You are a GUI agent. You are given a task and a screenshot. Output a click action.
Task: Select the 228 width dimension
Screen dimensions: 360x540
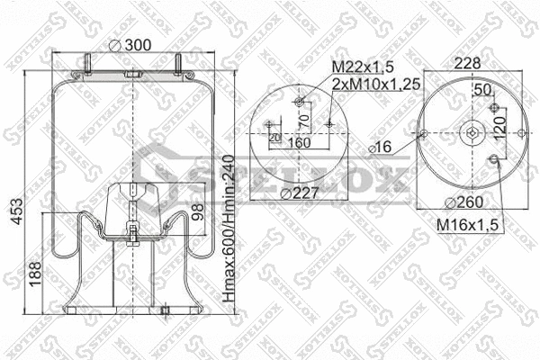467,64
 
